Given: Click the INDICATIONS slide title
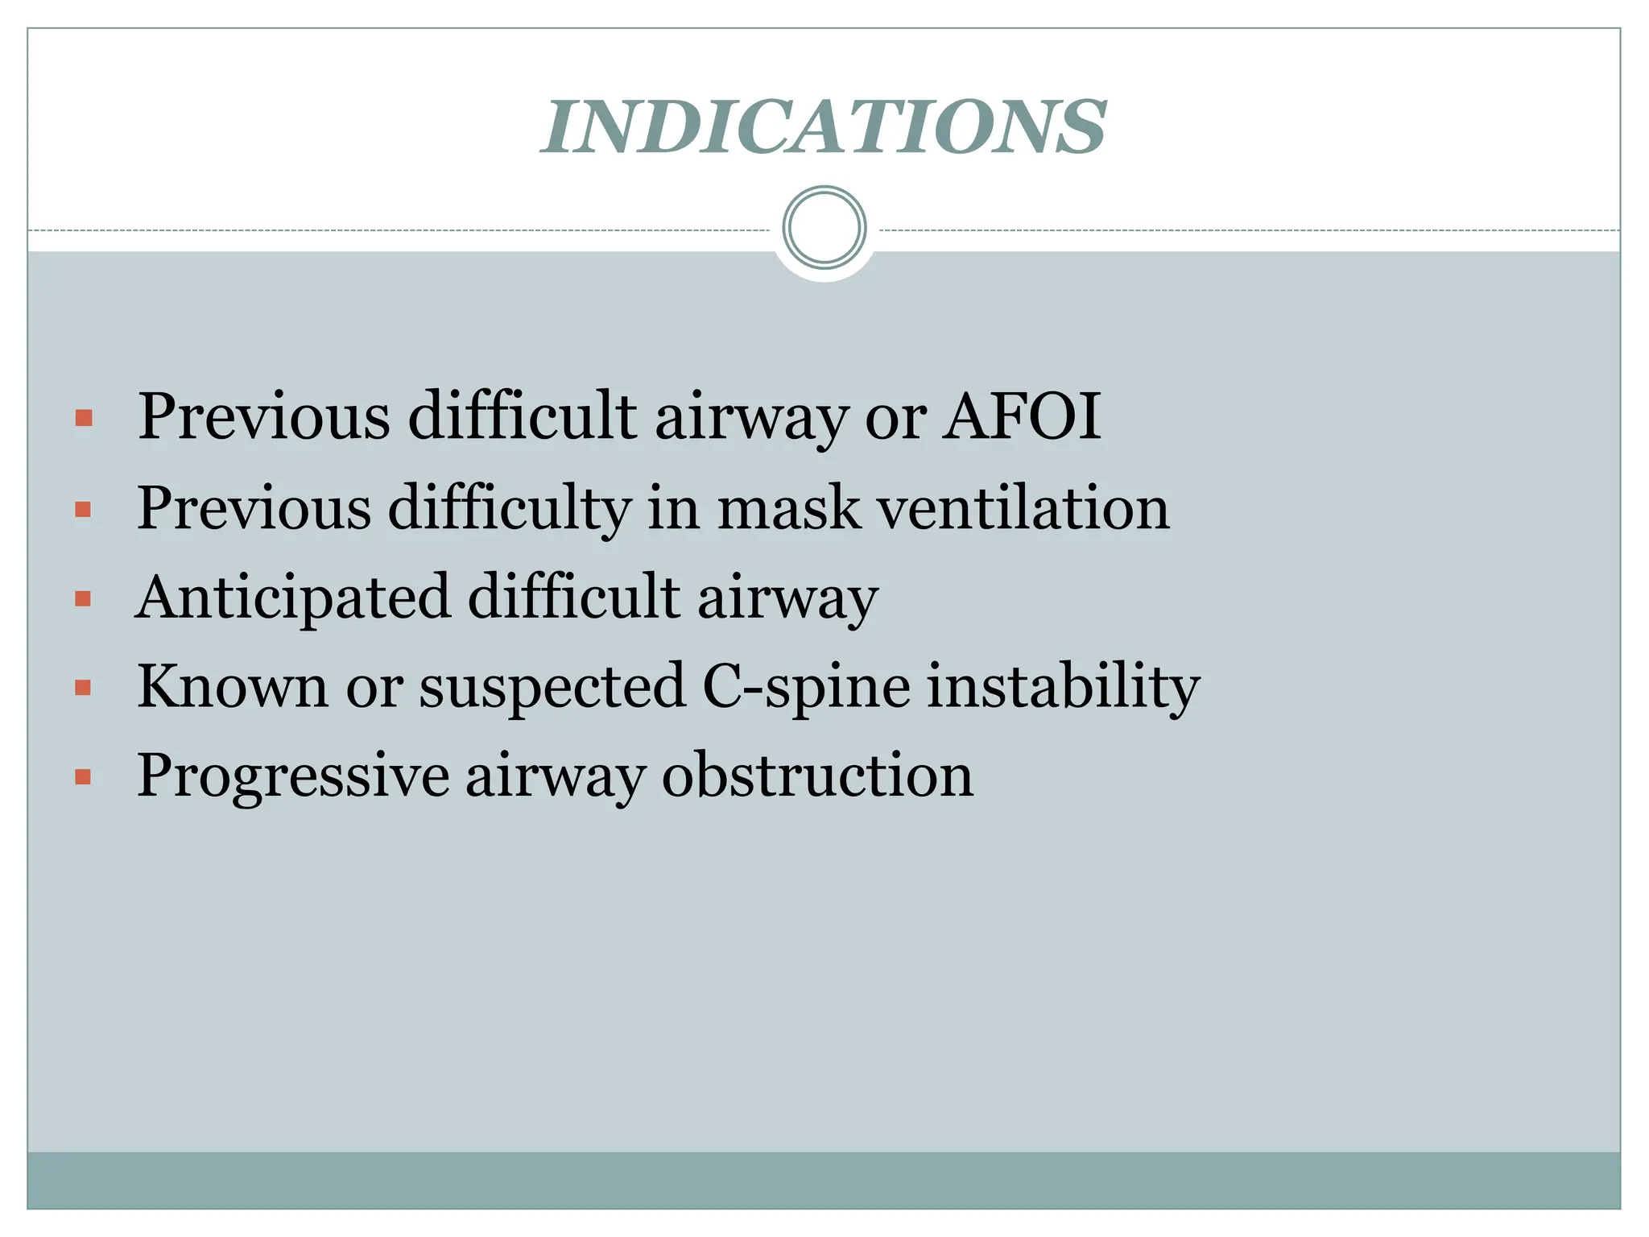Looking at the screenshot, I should (824, 127).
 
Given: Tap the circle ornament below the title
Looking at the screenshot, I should (824, 228).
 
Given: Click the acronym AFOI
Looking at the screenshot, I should (1021, 416).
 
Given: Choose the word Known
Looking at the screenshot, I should (233, 686).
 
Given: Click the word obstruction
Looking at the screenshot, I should (817, 775).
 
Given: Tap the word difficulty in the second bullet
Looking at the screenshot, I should (510, 510).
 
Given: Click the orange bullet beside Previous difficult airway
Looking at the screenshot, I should (83, 418).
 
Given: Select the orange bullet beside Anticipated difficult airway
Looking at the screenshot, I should (83, 599).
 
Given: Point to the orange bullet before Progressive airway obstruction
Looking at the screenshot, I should (83, 777).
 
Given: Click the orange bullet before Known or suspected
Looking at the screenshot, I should (83, 688).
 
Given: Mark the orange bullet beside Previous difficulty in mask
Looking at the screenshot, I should (83, 510).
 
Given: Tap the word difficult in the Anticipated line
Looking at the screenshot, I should (573, 598).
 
